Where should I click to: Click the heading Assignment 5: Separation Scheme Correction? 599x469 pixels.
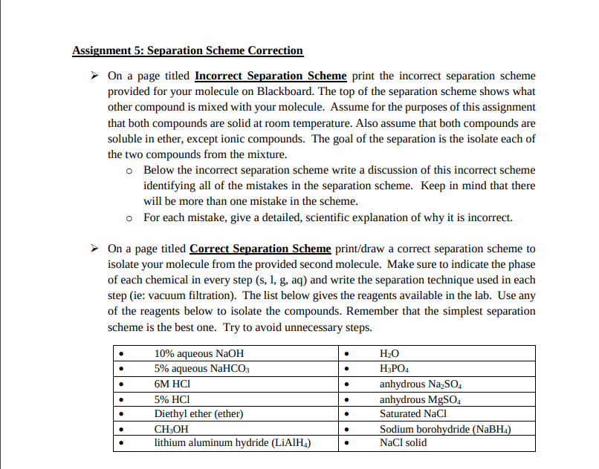coord(187,51)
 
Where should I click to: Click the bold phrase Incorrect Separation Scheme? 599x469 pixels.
coord(271,76)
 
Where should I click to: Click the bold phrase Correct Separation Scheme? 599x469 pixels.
coord(261,249)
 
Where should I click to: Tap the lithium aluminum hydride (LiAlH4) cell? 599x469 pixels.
coord(232,443)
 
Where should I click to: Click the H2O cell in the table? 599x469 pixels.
coord(389,354)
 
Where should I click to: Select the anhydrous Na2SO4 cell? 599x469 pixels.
coord(421,384)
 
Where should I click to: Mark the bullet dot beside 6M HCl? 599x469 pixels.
coord(121,384)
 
